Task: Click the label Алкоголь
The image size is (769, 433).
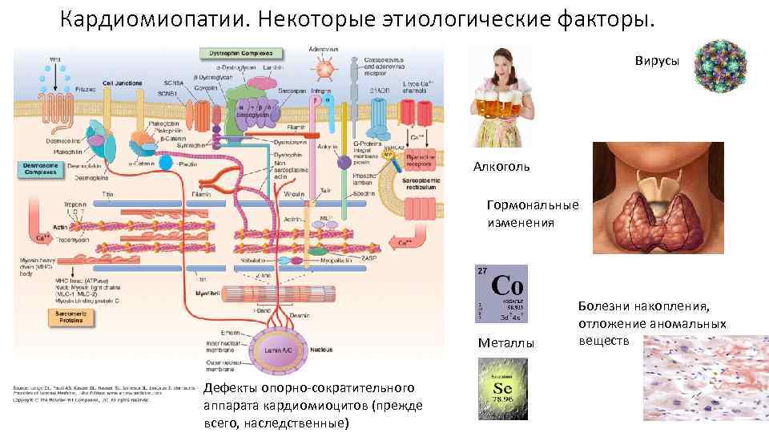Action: (501, 167)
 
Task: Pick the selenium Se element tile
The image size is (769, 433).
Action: (502, 388)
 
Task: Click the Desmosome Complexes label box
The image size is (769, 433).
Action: (42, 169)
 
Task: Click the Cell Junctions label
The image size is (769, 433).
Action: (123, 83)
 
